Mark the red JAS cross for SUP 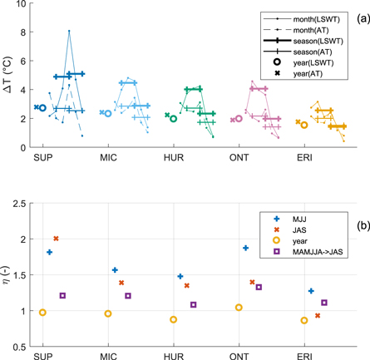point(56,239)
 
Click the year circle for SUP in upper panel point(42,107)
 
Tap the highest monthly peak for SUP point(69,31)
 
